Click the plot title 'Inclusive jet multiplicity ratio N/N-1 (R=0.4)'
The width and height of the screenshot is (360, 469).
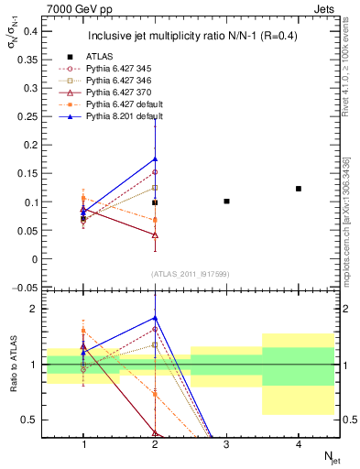pos(191,37)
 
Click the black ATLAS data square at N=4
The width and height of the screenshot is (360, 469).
pos(299,189)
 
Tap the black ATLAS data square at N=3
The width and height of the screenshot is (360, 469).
pos(226,201)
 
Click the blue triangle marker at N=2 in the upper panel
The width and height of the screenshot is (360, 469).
pos(155,158)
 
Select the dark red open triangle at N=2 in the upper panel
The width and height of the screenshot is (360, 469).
pos(155,235)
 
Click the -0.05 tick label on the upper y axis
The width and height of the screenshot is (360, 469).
pos(26,288)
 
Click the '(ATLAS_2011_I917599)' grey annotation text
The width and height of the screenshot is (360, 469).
pos(191,275)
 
